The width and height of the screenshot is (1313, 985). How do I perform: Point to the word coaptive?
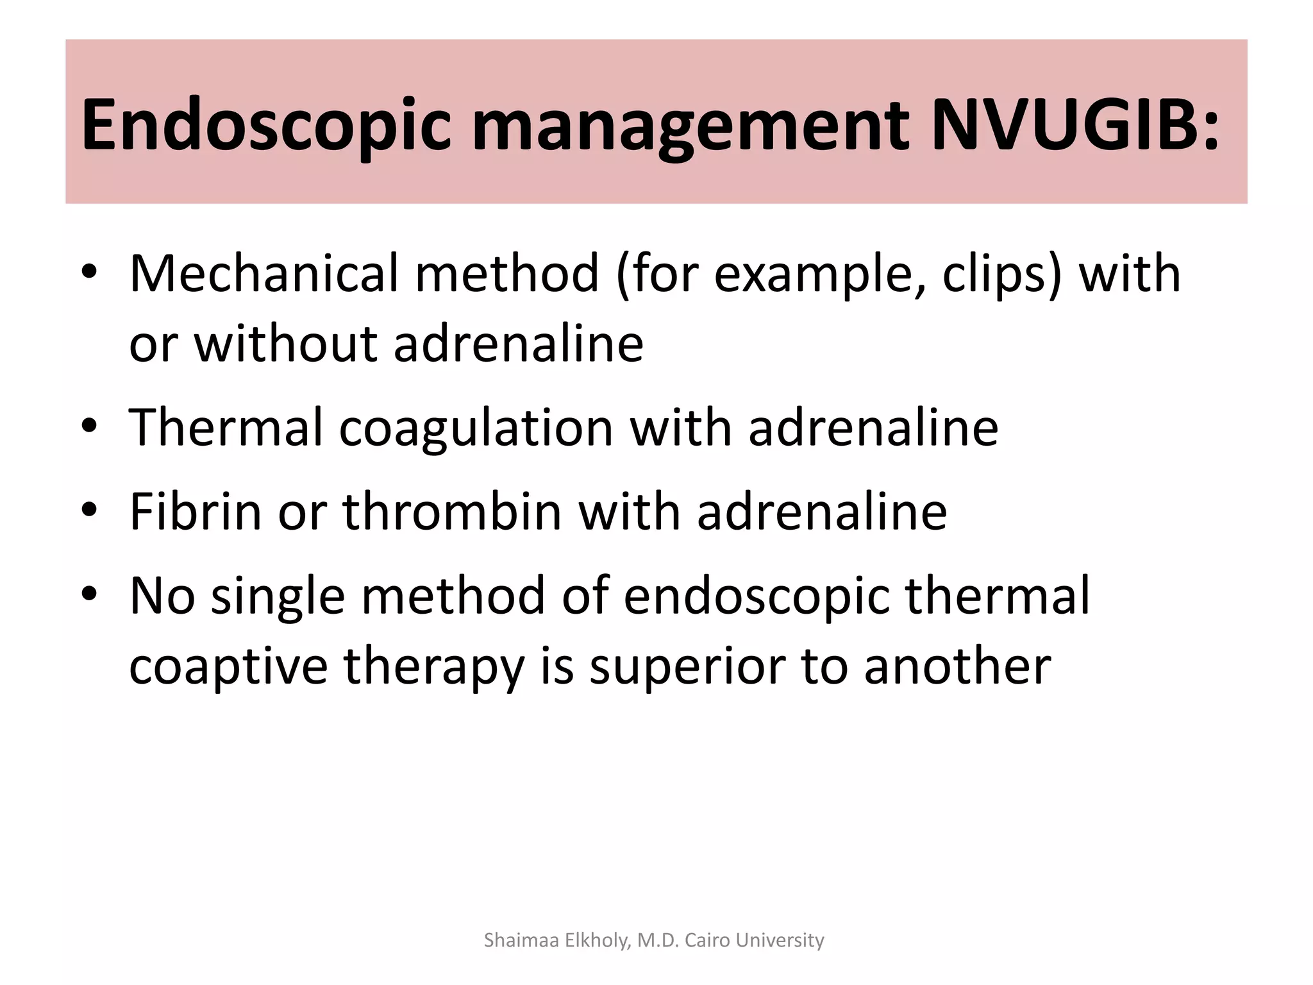[x=228, y=667]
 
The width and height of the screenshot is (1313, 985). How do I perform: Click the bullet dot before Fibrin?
[x=89, y=510]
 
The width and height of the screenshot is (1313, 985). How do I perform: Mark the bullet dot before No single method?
[x=89, y=594]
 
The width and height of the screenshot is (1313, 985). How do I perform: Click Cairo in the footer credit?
[x=708, y=940]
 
